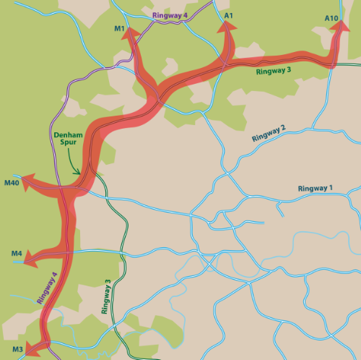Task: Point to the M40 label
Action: tap(12, 184)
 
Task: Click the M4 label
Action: tap(17, 253)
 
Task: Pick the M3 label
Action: tap(17, 350)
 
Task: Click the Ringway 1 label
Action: tap(315, 189)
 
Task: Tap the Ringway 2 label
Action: tap(269, 132)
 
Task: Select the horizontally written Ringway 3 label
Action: tap(273, 71)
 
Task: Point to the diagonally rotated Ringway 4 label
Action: tap(47, 287)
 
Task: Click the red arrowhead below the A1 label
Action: tap(228, 27)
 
